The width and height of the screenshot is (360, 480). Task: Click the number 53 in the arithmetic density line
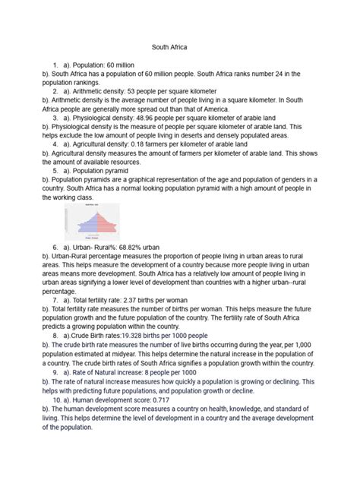135,91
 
